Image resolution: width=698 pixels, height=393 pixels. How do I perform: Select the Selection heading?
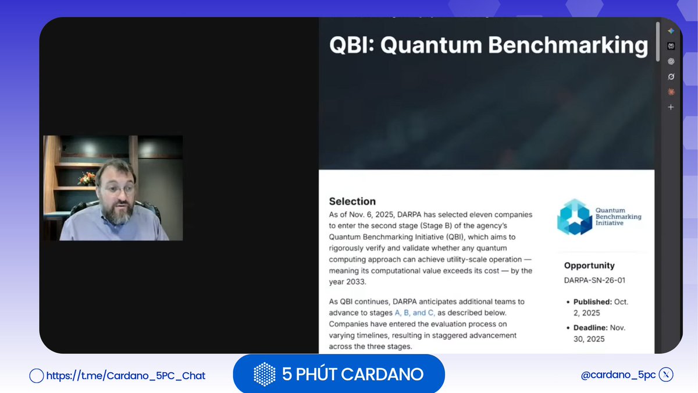(x=352, y=201)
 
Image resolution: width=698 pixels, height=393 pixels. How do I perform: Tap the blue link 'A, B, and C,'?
(x=415, y=313)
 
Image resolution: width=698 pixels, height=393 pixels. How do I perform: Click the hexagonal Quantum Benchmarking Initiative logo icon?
(x=574, y=217)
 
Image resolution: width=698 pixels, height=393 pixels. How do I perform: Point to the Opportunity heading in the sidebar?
(x=589, y=265)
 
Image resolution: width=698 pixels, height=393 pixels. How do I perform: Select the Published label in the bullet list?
(x=592, y=302)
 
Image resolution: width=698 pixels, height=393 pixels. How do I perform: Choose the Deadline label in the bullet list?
(x=592, y=328)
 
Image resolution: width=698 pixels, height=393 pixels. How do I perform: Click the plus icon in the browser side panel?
(x=671, y=107)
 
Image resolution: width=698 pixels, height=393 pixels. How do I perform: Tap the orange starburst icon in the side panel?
(x=671, y=92)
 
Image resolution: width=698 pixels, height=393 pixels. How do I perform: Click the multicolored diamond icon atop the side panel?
(x=671, y=31)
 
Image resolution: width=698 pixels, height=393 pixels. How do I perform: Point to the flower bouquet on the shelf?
(x=88, y=177)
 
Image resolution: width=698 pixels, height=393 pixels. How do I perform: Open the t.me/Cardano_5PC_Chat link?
(x=125, y=376)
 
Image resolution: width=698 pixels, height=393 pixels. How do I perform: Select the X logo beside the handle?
(x=667, y=375)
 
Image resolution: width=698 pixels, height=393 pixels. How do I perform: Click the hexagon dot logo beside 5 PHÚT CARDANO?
(x=265, y=374)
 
